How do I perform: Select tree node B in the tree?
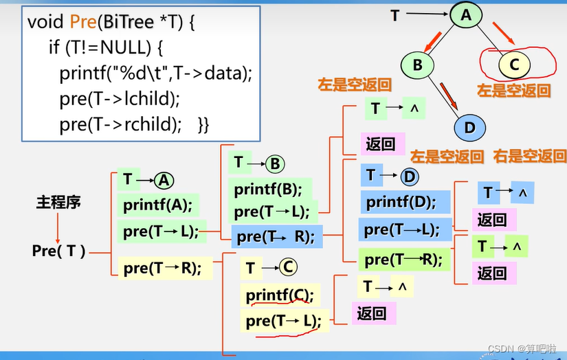click(x=416, y=65)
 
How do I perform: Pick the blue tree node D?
click(x=469, y=127)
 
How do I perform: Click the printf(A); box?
click(x=158, y=205)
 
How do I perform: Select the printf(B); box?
click(x=269, y=188)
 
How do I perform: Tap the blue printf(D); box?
click(x=402, y=202)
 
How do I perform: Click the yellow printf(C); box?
click(x=279, y=295)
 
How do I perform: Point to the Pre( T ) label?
click(x=58, y=251)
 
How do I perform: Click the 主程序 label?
click(x=58, y=203)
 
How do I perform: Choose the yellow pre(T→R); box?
click(x=163, y=269)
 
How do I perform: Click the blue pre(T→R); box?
click(x=275, y=237)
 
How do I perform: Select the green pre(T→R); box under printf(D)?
click(x=402, y=259)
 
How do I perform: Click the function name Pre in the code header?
click(x=83, y=21)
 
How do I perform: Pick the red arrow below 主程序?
click(x=58, y=227)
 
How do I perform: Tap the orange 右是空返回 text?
click(x=529, y=157)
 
